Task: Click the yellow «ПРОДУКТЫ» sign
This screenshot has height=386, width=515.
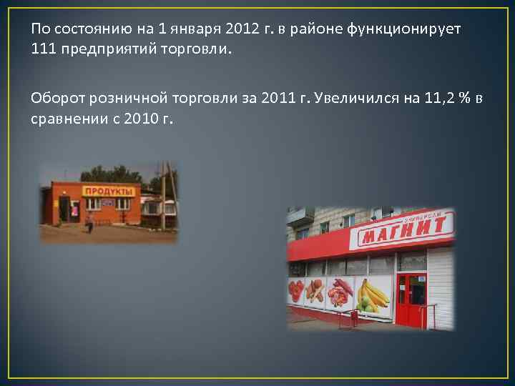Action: pos(109,192)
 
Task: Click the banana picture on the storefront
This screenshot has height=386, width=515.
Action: pos(373,294)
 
